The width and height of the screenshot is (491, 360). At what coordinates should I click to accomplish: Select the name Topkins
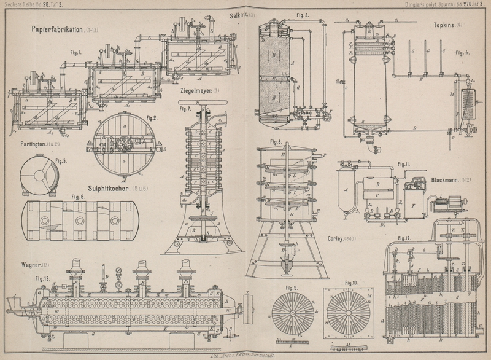point(438,26)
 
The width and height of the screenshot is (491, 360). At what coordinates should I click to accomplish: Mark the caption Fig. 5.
point(61,162)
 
